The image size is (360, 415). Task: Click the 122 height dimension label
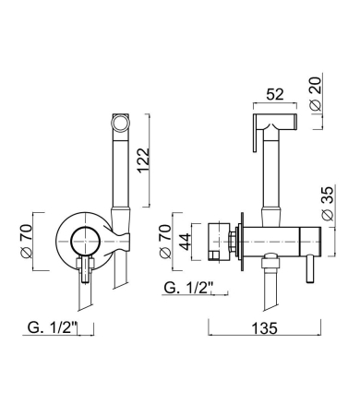(144, 160)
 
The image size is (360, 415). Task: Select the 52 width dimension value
(275, 94)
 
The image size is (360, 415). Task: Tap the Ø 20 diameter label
(316, 93)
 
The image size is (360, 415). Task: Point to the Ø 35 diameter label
(328, 203)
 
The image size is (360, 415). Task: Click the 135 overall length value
(265, 328)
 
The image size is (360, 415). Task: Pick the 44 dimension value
(186, 242)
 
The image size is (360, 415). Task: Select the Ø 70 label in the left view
(26, 242)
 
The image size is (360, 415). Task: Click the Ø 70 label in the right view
(164, 242)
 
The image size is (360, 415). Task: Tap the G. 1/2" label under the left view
(52, 327)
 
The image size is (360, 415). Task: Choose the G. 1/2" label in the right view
(188, 288)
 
